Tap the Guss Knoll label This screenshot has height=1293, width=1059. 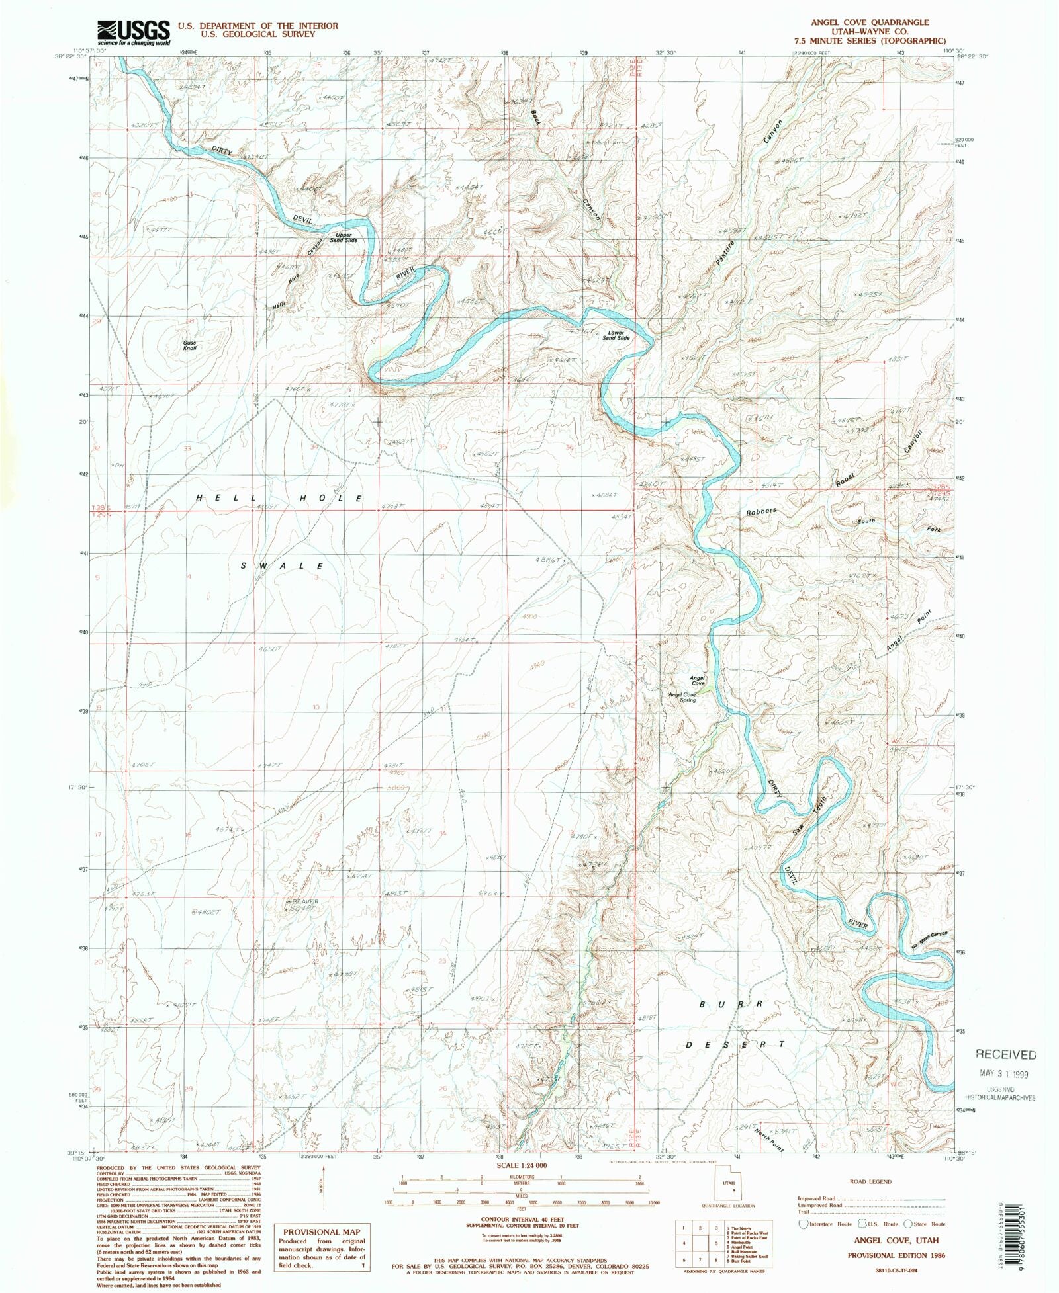point(190,345)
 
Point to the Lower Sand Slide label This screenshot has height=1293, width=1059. point(617,335)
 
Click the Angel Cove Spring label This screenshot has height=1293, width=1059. point(682,697)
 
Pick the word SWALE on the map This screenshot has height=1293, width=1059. point(282,566)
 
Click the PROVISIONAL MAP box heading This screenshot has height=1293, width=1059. point(322,1231)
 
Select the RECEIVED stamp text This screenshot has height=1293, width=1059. point(1005,1054)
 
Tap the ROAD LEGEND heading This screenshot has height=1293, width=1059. point(870,1181)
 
